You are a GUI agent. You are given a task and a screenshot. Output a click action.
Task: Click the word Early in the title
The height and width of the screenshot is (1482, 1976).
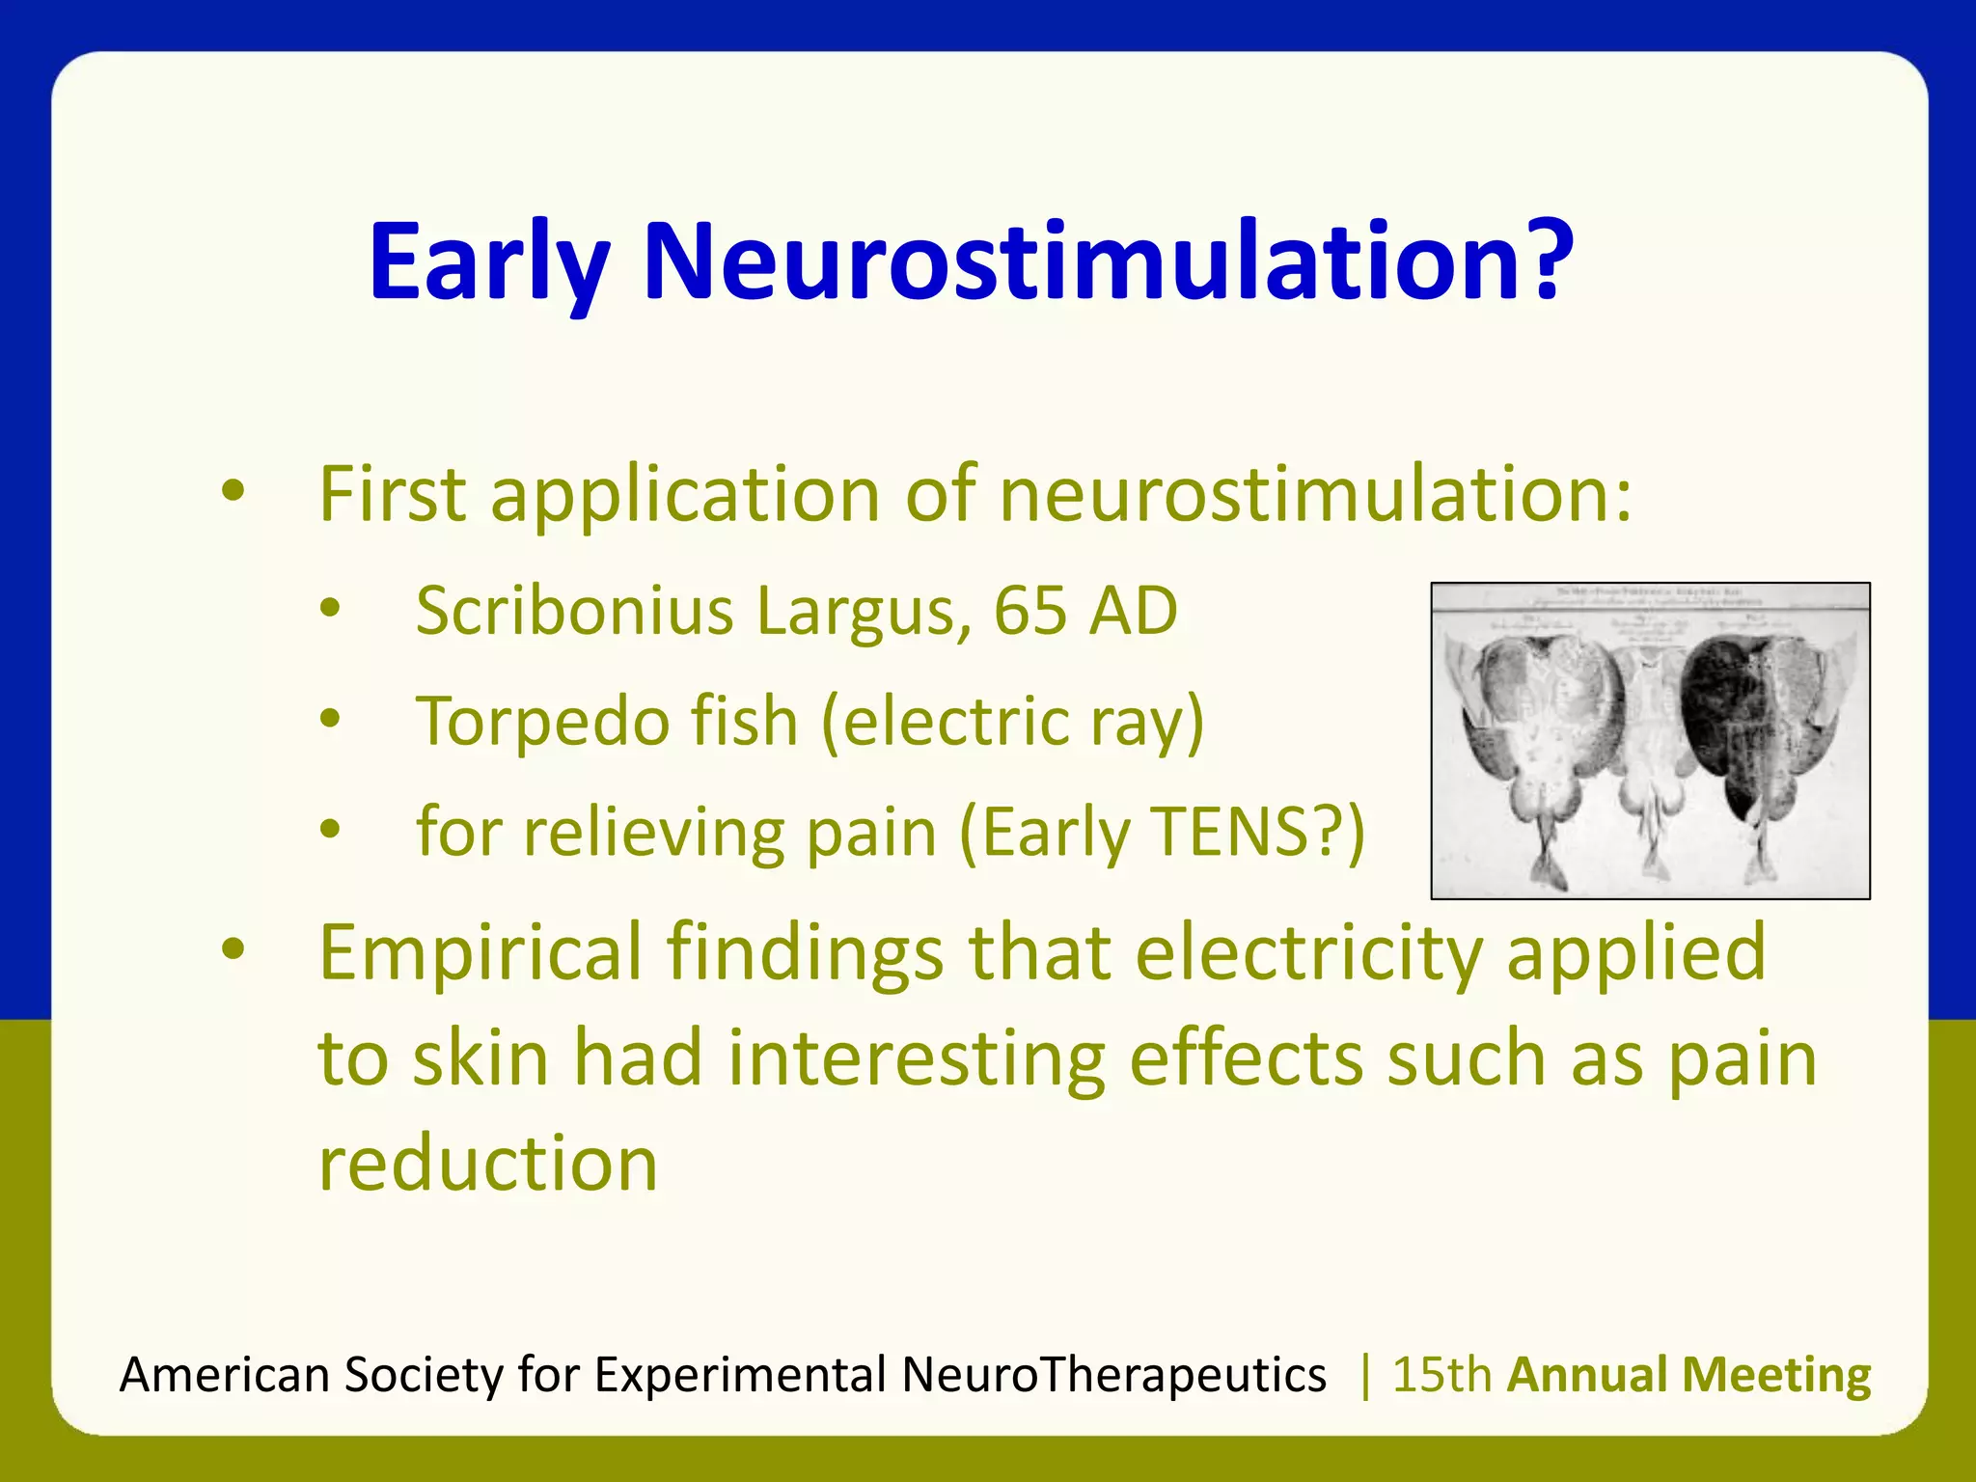click(x=488, y=262)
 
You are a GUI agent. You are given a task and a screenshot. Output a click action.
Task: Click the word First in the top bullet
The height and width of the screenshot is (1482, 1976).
click(x=393, y=494)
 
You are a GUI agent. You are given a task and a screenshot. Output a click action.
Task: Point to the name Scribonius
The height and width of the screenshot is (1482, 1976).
click(x=575, y=612)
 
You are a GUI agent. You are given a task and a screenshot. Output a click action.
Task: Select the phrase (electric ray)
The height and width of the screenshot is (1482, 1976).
click(x=1013, y=722)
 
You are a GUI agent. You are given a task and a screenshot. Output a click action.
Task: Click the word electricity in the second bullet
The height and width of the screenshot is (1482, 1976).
click(x=1308, y=953)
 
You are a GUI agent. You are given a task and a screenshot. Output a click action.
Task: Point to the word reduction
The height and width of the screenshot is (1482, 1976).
click(x=488, y=1164)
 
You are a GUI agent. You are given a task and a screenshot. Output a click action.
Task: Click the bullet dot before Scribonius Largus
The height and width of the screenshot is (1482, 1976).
click(x=331, y=609)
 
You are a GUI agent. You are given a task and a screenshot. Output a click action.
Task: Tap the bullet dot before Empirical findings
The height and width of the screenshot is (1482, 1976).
click(x=233, y=949)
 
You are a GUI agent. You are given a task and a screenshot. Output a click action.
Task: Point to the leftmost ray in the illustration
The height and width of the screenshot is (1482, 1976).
click(x=1534, y=733)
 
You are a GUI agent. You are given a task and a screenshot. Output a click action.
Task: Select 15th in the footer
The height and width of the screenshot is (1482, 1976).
click(x=1441, y=1375)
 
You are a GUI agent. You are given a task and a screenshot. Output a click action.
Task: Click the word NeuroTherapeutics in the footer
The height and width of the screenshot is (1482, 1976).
click(x=1113, y=1375)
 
